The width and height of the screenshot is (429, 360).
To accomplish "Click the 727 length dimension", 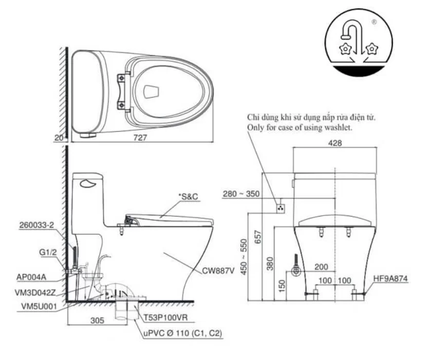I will pos(142,138).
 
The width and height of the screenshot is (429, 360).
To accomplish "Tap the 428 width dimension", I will pos(335,145).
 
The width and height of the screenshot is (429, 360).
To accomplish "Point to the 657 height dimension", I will pos(260,238).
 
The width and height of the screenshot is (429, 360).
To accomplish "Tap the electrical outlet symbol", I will pos(281,208).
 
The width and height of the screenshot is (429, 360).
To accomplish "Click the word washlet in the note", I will pos(339,128).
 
